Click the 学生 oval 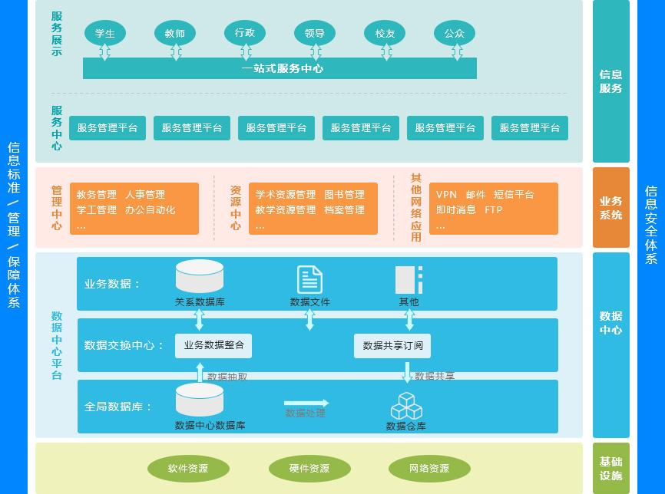click(x=105, y=34)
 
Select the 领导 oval click(x=315, y=34)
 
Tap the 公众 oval click(x=455, y=34)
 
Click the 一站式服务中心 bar click(x=280, y=68)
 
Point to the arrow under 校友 click(x=386, y=52)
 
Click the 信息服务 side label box click(x=611, y=81)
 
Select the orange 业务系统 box click(x=611, y=208)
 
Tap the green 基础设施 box click(x=611, y=468)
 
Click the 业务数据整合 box click(x=213, y=346)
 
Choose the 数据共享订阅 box click(x=392, y=346)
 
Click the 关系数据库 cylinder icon click(x=200, y=276)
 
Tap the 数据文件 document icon click(x=309, y=279)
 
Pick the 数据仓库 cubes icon click(x=406, y=407)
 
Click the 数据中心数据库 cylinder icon click(x=200, y=400)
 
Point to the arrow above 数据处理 click(x=306, y=403)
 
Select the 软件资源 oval click(x=188, y=469)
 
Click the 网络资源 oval click(x=429, y=469)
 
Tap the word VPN click(x=446, y=195)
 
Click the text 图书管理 click(x=344, y=195)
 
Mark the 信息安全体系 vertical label click(x=650, y=224)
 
